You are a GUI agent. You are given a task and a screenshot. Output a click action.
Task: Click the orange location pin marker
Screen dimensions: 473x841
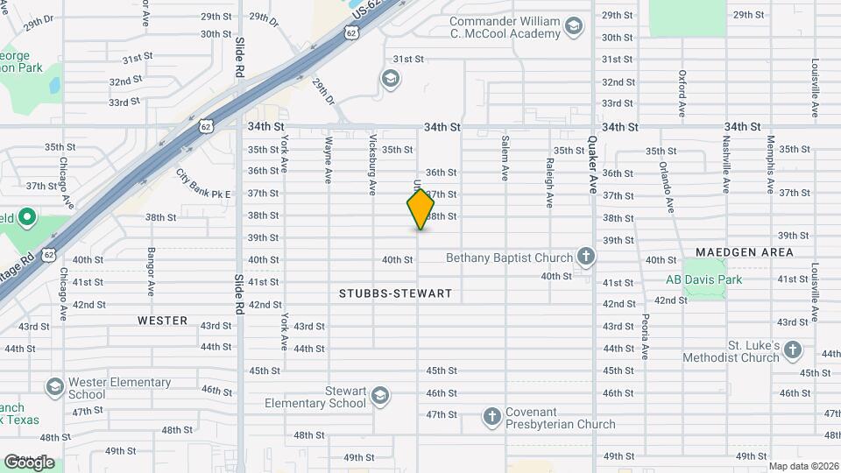pos(420,209)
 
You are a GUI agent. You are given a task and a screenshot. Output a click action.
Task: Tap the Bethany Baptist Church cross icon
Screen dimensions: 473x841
pos(586,258)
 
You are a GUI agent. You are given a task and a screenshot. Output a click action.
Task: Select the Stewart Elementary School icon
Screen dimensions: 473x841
pos(380,396)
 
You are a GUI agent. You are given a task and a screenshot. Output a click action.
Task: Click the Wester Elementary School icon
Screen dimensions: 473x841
pos(55,387)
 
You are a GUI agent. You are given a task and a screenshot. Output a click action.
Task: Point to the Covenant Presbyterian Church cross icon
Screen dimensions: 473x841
pos(492,417)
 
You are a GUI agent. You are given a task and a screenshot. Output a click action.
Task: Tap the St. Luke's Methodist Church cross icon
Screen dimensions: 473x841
pos(793,350)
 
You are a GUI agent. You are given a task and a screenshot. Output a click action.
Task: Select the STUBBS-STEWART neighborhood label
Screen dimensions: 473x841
pos(396,293)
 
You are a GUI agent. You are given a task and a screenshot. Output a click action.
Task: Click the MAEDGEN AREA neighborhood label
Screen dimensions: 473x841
pos(745,252)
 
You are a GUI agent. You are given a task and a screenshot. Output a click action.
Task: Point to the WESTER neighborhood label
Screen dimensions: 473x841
pos(163,321)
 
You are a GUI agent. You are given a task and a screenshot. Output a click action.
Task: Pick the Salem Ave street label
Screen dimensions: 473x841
pos(505,158)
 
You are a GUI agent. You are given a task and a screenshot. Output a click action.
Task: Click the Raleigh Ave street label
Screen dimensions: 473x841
pos(549,181)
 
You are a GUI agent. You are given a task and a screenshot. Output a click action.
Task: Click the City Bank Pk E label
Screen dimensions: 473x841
pos(203,183)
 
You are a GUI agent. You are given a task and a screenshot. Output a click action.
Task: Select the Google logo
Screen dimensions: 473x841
pos(29,462)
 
